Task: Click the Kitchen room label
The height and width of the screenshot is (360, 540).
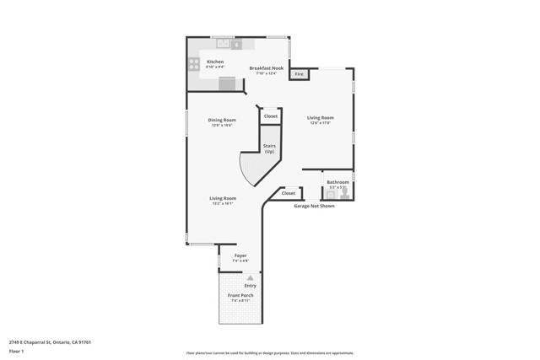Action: point(215,62)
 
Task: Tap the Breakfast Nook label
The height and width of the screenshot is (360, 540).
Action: point(266,68)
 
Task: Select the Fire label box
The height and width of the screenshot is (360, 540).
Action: point(298,74)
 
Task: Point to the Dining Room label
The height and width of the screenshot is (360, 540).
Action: point(222,120)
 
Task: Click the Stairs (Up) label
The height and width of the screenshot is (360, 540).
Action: point(269,148)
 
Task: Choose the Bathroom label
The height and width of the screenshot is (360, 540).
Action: point(337,182)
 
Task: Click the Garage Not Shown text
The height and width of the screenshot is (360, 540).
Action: point(314,206)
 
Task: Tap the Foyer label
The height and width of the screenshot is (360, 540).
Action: point(240,255)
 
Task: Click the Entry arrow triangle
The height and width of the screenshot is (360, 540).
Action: point(250,277)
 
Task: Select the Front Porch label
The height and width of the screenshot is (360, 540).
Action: point(240,295)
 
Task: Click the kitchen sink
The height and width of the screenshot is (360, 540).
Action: point(224,44)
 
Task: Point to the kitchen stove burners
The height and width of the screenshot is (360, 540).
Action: point(194,63)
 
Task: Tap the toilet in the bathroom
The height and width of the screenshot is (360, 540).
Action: point(344,193)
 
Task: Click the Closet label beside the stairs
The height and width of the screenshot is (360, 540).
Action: point(271,116)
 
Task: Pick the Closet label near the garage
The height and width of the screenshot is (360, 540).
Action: point(289,193)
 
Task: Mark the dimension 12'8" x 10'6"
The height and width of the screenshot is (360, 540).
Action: point(222,126)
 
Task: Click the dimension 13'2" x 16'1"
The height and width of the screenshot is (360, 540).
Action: point(223,204)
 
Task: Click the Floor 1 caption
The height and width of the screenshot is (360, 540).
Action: point(17,351)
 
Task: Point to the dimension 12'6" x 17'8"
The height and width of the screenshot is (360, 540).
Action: point(320,123)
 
